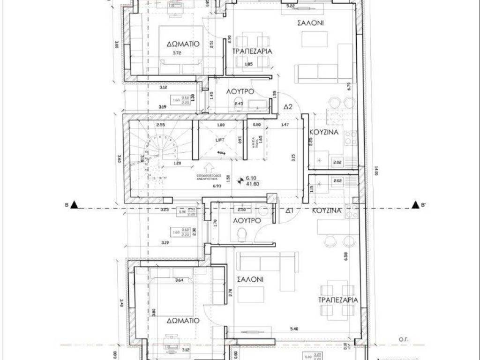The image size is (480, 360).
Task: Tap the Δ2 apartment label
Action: point(288,107)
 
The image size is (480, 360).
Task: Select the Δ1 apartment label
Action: point(289,211)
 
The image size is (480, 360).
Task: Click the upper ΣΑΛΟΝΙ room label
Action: point(311,22)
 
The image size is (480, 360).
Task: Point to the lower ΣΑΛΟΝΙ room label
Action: point(250,279)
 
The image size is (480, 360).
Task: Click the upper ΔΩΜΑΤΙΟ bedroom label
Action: point(183,44)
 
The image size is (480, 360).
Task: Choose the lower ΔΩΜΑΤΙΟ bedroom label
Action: point(183,321)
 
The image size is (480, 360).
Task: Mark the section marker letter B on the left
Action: point(67,204)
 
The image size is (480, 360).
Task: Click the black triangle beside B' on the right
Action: point(415,204)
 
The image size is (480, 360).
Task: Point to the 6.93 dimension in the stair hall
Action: point(217,186)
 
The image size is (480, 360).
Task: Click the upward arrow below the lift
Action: point(209,166)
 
